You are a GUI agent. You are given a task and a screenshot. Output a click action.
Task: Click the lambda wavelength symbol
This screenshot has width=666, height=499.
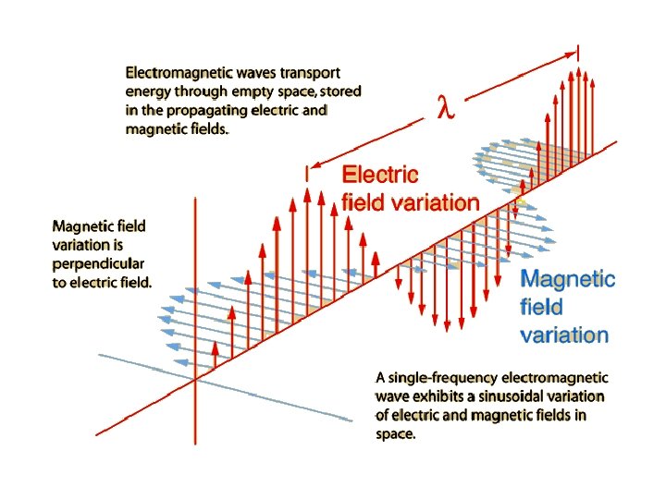coord(446,109)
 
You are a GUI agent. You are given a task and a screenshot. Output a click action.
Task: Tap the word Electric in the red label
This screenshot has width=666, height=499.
coord(380,175)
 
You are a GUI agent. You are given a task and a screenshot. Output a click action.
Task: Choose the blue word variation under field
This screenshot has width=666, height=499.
coord(564,335)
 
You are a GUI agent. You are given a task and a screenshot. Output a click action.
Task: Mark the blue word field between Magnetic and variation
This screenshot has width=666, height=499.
coord(541,307)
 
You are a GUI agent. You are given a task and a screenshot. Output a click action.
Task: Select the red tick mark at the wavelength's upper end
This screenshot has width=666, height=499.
coord(579,53)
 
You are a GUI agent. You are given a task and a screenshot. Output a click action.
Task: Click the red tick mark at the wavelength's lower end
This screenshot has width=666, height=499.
coord(307,173)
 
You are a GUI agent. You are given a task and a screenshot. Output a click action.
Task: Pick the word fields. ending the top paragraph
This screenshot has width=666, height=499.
coord(206,130)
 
